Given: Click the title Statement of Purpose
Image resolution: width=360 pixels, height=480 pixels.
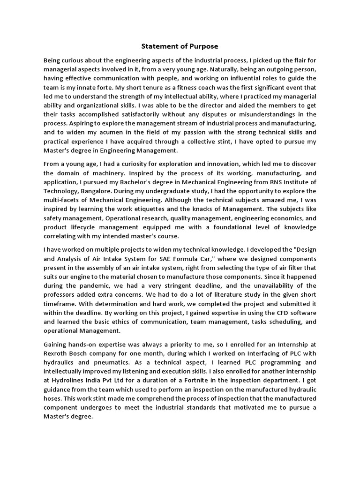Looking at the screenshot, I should (180, 47).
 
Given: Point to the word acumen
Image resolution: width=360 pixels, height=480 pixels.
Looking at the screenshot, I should (101, 132).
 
